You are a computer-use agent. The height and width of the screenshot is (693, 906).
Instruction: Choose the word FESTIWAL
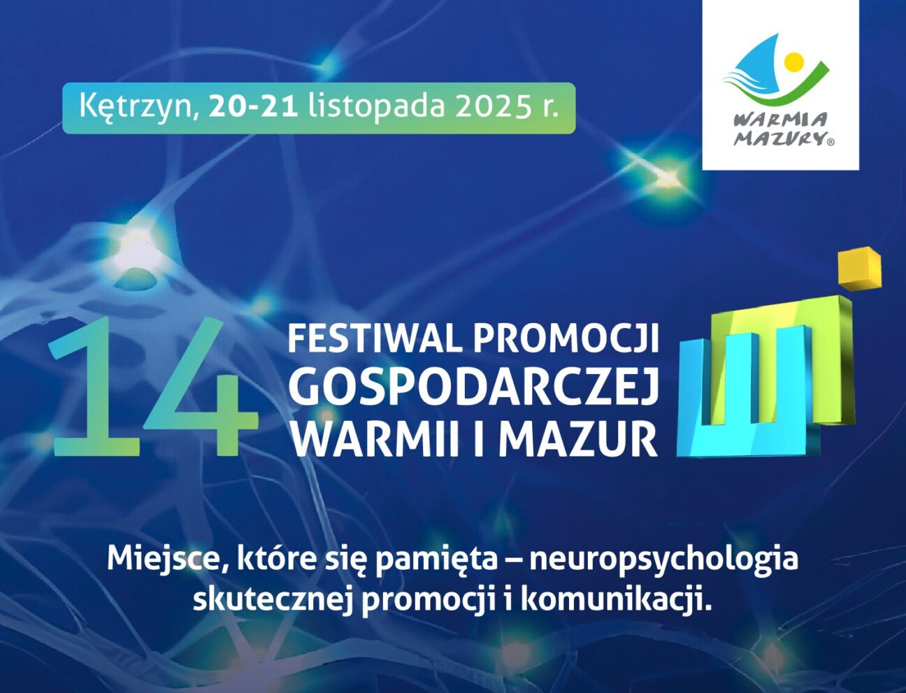[375, 339]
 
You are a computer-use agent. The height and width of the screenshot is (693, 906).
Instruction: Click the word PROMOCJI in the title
[566, 339]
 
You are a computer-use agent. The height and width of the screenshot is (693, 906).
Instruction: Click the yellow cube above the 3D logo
[859, 268]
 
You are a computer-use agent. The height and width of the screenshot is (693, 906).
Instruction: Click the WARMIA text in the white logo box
[780, 120]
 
